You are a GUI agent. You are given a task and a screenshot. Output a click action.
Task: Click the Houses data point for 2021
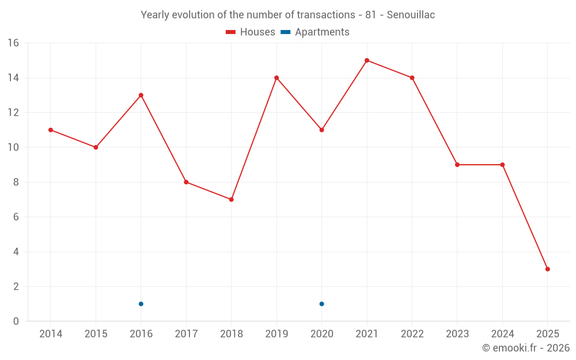pos(367,60)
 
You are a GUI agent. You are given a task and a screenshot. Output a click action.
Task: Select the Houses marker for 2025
pos(547,269)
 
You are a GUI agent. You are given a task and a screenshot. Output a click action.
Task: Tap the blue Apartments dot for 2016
pos(141,304)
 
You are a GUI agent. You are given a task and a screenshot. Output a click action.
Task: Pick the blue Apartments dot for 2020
pos(321,304)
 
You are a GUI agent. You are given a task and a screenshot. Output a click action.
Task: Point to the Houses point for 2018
pos(231,199)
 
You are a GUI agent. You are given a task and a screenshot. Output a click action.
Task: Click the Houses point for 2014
pos(51,130)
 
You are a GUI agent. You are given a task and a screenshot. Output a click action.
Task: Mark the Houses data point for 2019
pos(276,78)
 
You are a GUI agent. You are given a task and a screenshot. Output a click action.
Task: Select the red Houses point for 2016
pos(141,95)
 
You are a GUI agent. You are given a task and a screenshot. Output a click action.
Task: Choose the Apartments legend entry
pos(322,32)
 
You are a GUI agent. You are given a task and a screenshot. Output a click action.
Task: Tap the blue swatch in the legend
pos(285,32)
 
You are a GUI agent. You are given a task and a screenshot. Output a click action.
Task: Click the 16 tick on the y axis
pos(13,43)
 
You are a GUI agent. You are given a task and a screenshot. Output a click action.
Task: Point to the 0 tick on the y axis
pos(16,321)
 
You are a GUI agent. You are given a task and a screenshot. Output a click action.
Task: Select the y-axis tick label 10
pos(13,147)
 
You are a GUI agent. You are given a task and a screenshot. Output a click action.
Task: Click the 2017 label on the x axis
pos(186,334)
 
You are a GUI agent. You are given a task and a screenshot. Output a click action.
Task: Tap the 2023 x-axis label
pos(457,334)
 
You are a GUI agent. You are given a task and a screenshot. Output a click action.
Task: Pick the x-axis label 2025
pos(547,334)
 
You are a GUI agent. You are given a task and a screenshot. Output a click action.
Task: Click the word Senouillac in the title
pos(411,15)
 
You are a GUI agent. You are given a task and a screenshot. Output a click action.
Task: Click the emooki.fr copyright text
pos(525,348)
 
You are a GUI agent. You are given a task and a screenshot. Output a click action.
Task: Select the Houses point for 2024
pos(502,165)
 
